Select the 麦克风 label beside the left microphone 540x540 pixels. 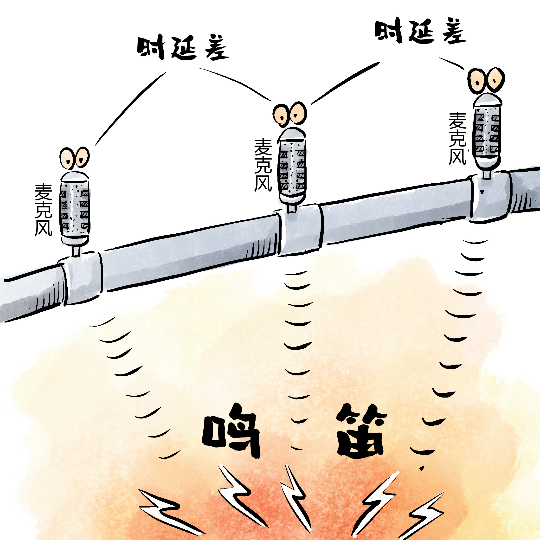click(43, 210)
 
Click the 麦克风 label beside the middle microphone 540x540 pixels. click(263, 165)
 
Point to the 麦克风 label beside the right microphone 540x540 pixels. click(457, 138)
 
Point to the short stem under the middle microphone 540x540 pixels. click(291, 208)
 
